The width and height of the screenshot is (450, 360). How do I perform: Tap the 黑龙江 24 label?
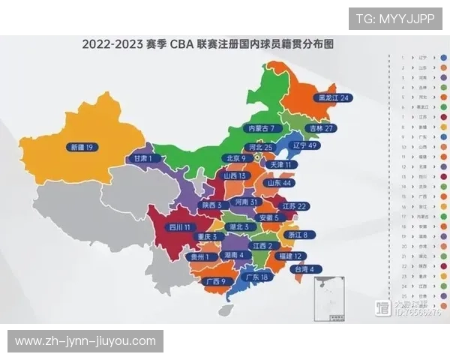(333, 97)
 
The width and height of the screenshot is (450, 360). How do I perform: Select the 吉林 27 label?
(319, 128)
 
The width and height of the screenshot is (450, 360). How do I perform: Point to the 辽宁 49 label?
(306, 145)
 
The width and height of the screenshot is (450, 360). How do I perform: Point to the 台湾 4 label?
(304, 268)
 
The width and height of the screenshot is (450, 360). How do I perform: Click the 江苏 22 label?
(292, 206)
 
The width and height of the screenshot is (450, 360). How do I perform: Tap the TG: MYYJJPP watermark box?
(395, 18)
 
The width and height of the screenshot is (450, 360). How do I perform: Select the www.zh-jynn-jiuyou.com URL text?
(86, 341)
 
